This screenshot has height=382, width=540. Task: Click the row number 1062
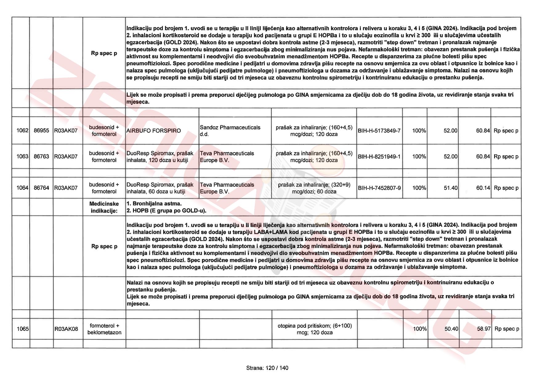[x=22, y=131]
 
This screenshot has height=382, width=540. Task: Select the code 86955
[x=41, y=131]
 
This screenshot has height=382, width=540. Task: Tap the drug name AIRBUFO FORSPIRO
[x=153, y=131]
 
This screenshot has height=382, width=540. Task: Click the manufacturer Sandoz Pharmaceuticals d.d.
[x=230, y=131]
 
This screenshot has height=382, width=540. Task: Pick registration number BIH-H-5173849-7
[x=379, y=131]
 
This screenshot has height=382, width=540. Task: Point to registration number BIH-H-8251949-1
[x=379, y=156]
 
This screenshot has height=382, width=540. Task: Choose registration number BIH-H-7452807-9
[x=379, y=188]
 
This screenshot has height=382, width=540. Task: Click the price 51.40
[x=450, y=188]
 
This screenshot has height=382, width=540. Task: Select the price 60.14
[x=483, y=188]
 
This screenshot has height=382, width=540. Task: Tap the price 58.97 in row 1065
[x=484, y=329]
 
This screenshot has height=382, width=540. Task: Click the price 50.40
[x=451, y=329]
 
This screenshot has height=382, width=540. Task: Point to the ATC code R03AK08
[x=66, y=329]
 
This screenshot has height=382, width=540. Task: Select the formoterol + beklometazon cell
[x=104, y=329]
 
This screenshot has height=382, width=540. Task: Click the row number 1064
[x=22, y=188]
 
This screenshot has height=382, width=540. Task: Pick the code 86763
[x=41, y=156]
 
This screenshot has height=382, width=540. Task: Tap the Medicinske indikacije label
[x=104, y=207]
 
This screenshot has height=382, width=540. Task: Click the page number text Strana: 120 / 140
[x=267, y=368]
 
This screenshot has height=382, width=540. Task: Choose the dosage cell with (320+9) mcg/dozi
[x=314, y=188]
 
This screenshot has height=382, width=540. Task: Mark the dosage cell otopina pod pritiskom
[x=314, y=329]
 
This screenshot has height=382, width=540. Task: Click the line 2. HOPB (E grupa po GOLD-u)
[x=166, y=211]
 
